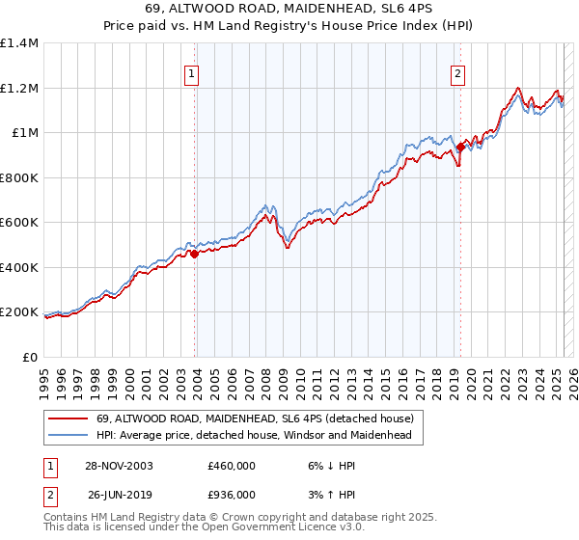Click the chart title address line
[289, 10]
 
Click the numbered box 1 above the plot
[191, 73]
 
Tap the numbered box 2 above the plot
[457, 73]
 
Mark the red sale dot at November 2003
[195, 255]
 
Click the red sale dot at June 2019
[460, 148]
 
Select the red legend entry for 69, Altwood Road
[255, 418]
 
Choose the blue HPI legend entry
[254, 436]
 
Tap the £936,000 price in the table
[232, 494]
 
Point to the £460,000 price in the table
[232, 465]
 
